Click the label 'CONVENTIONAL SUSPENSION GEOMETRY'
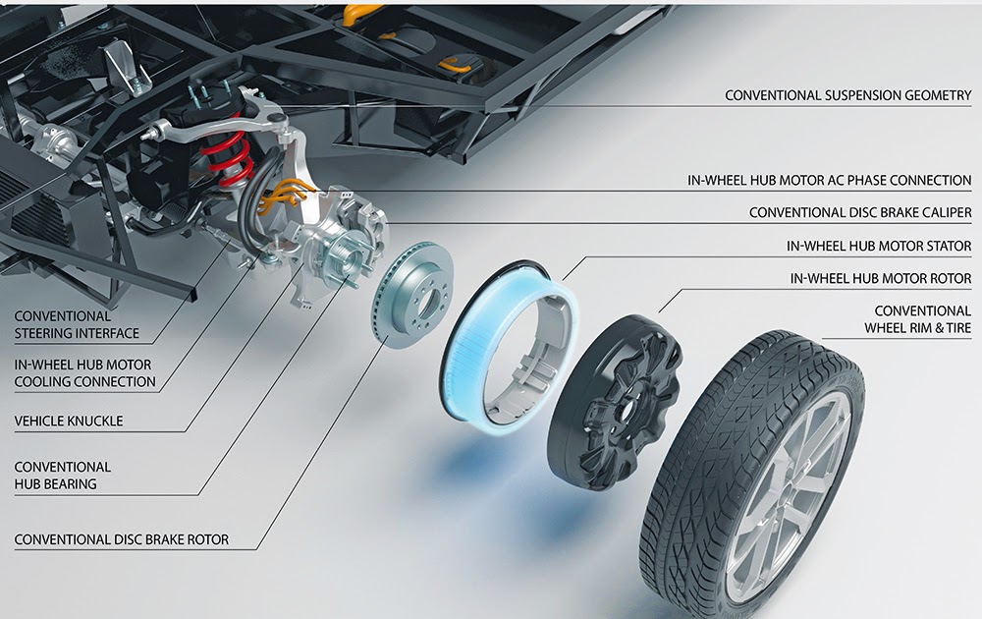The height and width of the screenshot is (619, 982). tap(847, 95)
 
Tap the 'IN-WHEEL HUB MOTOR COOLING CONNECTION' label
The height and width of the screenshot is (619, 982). tap(84, 372)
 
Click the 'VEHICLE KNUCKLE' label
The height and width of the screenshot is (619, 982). tap(69, 422)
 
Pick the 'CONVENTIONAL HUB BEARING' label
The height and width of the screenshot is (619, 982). tap(63, 476)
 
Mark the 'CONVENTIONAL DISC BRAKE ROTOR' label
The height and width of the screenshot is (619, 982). tap(122, 539)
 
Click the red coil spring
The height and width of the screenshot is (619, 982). tap(225, 152)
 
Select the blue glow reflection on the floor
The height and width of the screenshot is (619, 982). tap(471, 462)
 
